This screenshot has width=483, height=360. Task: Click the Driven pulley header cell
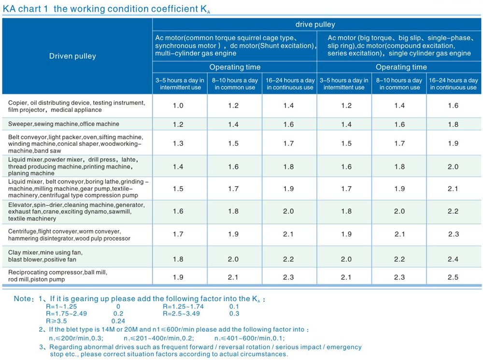[72, 56]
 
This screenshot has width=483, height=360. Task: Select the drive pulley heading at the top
[315, 25]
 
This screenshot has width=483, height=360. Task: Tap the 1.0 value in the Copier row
[178, 106]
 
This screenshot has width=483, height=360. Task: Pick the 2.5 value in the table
[453, 277]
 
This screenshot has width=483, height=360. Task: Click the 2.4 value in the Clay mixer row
[453, 259]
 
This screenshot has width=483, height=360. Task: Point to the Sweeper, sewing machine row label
[63, 124]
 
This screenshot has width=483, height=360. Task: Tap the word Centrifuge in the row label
[22, 232]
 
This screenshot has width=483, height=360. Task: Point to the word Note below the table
[22, 299]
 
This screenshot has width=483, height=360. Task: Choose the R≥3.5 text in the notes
[56, 320]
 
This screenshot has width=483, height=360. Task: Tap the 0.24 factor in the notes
[118, 320]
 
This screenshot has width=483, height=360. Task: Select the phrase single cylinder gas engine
[429, 53]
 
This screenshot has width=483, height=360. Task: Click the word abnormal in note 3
[104, 347]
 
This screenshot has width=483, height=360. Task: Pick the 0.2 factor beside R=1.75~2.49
[118, 313]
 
